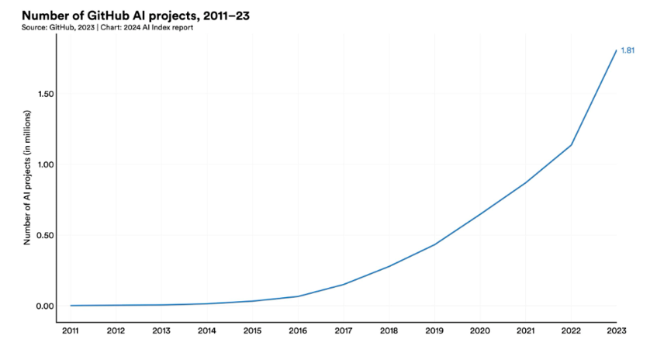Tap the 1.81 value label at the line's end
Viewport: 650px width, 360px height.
point(628,50)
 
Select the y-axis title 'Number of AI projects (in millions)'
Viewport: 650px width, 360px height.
point(27,178)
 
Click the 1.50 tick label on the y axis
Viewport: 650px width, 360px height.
point(46,94)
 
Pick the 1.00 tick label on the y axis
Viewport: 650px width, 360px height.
point(46,164)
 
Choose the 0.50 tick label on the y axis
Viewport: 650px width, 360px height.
point(46,235)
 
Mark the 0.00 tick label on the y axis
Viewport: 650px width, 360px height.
point(46,306)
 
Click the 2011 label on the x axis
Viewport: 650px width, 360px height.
point(71,331)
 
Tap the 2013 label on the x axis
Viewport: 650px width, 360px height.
point(161,331)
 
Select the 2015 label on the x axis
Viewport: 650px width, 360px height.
point(252,331)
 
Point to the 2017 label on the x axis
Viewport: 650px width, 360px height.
point(344,331)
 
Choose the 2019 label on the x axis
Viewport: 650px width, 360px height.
point(434,331)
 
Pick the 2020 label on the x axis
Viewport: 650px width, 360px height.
point(480,331)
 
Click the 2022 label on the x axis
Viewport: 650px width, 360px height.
point(571,331)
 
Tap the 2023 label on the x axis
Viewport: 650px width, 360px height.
point(616,331)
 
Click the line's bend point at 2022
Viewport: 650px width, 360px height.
point(571,145)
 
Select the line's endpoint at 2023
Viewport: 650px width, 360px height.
point(616,50)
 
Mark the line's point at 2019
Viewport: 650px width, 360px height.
point(434,244)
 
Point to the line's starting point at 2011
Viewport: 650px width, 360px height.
point(71,306)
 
